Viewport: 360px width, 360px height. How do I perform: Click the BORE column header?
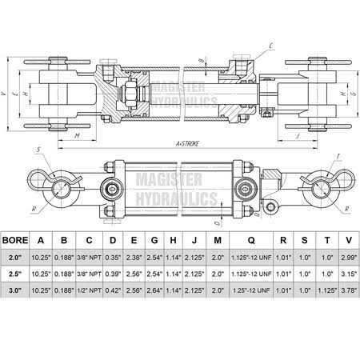tap(18, 238)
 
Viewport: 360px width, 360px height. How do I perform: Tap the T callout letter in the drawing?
tap(340, 156)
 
